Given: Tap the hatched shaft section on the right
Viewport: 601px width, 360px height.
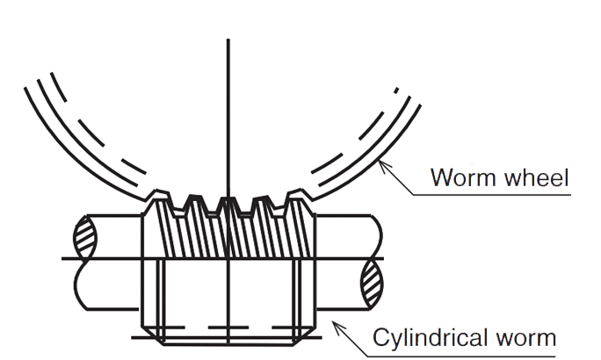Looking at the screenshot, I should click(x=372, y=281).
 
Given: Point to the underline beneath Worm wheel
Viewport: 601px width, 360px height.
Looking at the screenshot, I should click(x=492, y=192).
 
